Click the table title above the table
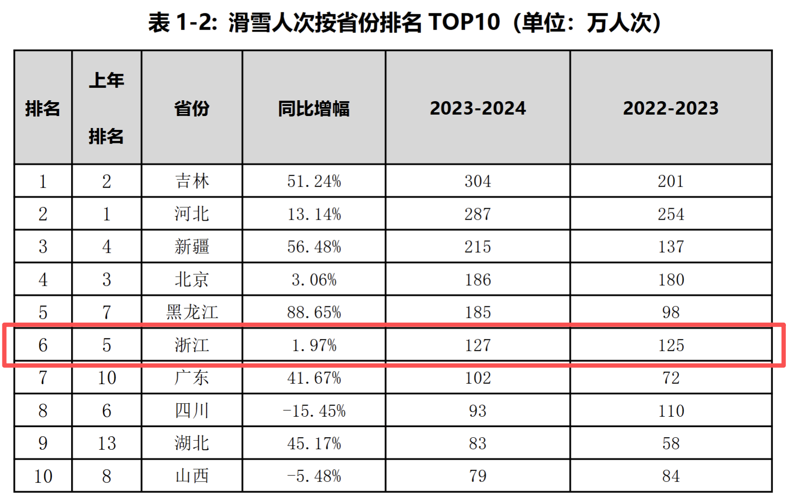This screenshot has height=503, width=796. click(405, 23)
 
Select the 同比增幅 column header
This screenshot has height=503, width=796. click(314, 109)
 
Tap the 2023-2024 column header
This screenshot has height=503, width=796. click(478, 108)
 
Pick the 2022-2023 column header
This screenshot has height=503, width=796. click(671, 108)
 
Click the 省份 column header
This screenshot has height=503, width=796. click(192, 109)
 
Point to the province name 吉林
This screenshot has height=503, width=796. click(192, 181)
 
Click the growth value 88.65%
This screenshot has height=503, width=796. click(314, 312)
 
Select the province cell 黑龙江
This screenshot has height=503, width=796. click(192, 312)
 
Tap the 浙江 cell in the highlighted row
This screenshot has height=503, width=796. click(192, 345)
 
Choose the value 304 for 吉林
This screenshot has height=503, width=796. click(478, 181)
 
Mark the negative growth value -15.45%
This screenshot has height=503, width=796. click(314, 411)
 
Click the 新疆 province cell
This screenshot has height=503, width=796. click(192, 247)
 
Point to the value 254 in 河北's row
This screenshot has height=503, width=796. click(671, 214)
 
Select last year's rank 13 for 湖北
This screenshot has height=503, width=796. click(107, 444)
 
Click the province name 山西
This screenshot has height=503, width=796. click(192, 476)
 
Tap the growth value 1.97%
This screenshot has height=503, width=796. click(314, 345)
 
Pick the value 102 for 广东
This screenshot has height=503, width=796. click(478, 378)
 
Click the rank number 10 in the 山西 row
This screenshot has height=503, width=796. click(43, 476)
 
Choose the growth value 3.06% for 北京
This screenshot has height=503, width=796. click(314, 280)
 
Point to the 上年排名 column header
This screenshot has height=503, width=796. click(106, 108)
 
